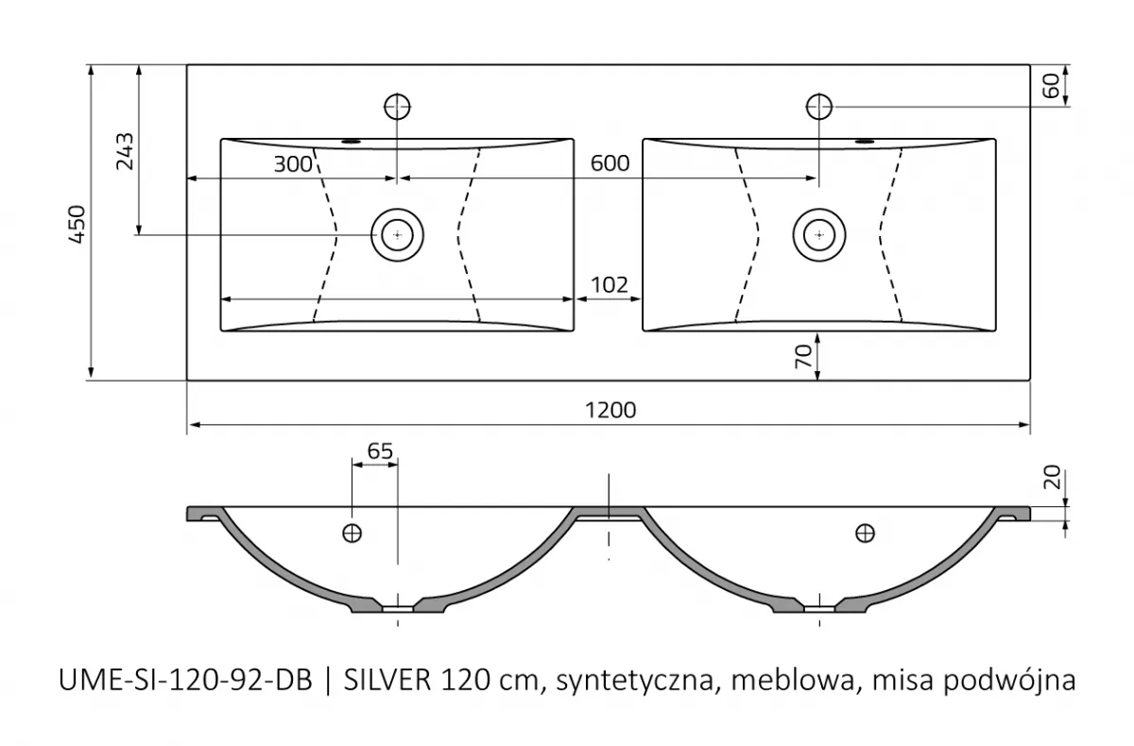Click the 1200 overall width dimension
tap(610, 410)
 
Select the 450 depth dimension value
tap(78, 224)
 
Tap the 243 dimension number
tap(124, 151)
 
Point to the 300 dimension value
tap(292, 164)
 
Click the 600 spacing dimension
tap(610, 164)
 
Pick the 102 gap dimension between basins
tap(610, 284)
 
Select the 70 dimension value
tap(803, 356)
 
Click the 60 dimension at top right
tap(1049, 85)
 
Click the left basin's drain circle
tap(398, 233)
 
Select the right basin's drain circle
tap(818, 233)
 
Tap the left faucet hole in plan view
tap(398, 105)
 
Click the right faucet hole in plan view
tap(818, 105)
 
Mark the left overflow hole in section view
tap(352, 534)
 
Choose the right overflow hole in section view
tap(864, 534)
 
